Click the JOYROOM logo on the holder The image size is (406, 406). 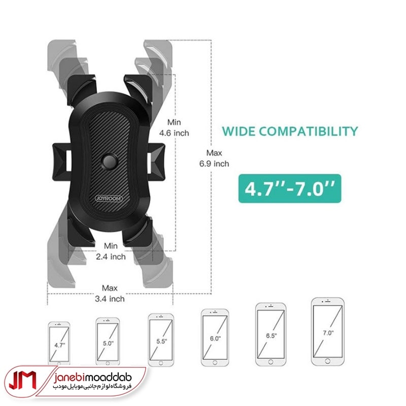tap(109, 199)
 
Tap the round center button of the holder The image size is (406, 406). tap(109, 161)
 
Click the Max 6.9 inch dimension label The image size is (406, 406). tap(214, 158)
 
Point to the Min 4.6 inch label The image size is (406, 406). tap(174, 128)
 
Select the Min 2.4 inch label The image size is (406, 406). tap(111, 251)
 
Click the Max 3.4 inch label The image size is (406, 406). tap(110, 293)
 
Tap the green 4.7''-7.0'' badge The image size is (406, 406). tap(290, 188)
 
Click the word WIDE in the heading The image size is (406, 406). tap(239, 131)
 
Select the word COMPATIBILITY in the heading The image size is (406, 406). tap(309, 131)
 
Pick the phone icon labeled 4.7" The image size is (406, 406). tap(59, 343)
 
